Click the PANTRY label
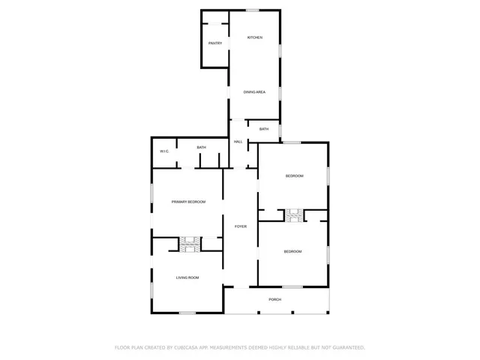click(x=214, y=43)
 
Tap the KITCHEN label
click(x=255, y=37)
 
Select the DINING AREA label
click(x=254, y=92)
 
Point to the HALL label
click(x=238, y=142)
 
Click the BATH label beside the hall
click(x=263, y=129)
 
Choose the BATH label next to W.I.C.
click(x=201, y=148)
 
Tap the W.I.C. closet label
click(x=164, y=151)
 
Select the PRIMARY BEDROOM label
click(x=188, y=202)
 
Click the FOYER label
click(x=241, y=226)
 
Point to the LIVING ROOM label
click(x=187, y=278)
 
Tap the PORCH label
click(x=275, y=299)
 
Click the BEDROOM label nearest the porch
click(x=292, y=251)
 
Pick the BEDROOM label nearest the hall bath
click(x=294, y=176)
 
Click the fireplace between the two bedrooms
click(x=294, y=216)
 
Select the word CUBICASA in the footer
click(x=184, y=347)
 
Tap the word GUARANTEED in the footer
click(x=346, y=347)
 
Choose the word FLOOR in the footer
click(x=122, y=347)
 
